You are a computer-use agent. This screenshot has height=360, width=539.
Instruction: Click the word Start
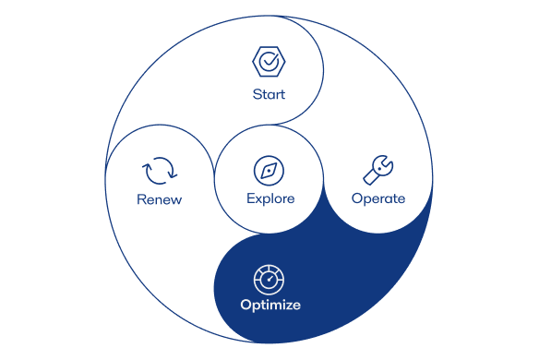point(269,94)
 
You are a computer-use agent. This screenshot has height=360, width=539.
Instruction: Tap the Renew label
point(160,199)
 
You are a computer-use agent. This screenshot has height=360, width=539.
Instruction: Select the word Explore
point(270,198)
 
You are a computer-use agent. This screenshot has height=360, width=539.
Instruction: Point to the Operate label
point(378,198)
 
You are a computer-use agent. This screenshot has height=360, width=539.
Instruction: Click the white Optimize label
point(270,305)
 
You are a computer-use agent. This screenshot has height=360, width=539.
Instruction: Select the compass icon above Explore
point(269,170)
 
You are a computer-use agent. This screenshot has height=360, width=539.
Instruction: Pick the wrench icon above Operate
point(377,169)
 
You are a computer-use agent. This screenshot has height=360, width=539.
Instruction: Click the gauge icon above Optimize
point(269,277)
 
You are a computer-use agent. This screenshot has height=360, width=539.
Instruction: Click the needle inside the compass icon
point(269,170)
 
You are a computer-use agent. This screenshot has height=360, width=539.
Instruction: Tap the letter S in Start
point(257,94)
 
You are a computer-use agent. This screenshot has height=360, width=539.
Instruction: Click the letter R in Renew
point(141,199)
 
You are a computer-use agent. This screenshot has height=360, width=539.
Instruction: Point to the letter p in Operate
point(366,200)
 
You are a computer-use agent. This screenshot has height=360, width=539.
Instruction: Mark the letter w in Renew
point(176,199)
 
